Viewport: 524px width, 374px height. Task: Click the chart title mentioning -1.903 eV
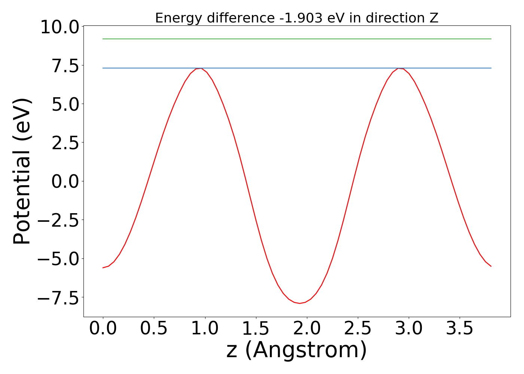296,18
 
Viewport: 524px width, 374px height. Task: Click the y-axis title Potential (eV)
22,171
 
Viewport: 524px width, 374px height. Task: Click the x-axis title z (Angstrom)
296,350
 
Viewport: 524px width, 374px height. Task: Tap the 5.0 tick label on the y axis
65,105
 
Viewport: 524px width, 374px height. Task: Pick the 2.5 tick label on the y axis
65,144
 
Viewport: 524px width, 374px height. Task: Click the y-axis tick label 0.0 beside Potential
65,182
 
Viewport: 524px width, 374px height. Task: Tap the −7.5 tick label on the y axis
60,298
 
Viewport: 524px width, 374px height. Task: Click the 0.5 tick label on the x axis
154,328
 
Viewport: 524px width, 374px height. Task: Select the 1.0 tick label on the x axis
205,328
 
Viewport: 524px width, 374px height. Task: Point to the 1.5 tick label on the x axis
256,328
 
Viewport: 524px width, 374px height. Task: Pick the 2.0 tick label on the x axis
307,328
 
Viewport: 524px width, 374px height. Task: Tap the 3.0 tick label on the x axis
409,328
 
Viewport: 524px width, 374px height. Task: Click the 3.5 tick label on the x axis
460,328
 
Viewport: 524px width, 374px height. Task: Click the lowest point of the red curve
299,303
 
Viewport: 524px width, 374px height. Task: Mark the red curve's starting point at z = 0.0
103,268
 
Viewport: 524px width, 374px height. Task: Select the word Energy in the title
174,18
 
